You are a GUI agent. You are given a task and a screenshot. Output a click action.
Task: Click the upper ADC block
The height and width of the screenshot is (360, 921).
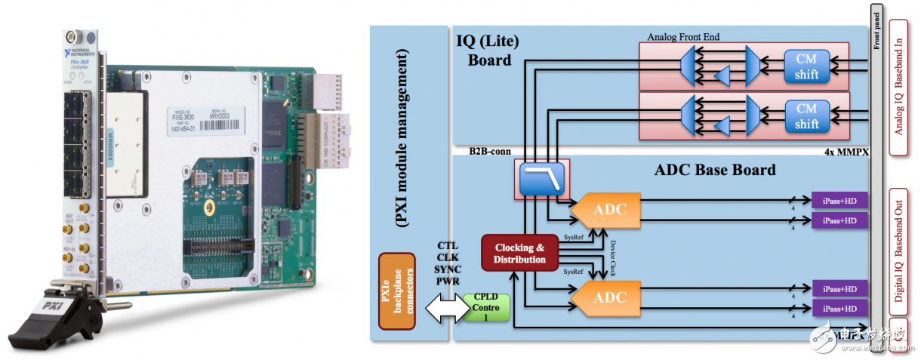608,209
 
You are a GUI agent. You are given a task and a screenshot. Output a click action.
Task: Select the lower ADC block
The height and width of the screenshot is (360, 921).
608,297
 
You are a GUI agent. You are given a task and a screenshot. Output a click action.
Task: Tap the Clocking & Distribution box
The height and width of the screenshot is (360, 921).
519,254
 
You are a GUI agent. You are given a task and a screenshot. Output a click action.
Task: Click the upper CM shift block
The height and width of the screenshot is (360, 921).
806,66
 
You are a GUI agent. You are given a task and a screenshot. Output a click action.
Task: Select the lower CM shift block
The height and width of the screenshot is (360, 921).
806,116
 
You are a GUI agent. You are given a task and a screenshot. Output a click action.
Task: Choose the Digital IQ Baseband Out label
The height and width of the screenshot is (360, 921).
898,246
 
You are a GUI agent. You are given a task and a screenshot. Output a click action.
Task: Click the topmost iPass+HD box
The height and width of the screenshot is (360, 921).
839,200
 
